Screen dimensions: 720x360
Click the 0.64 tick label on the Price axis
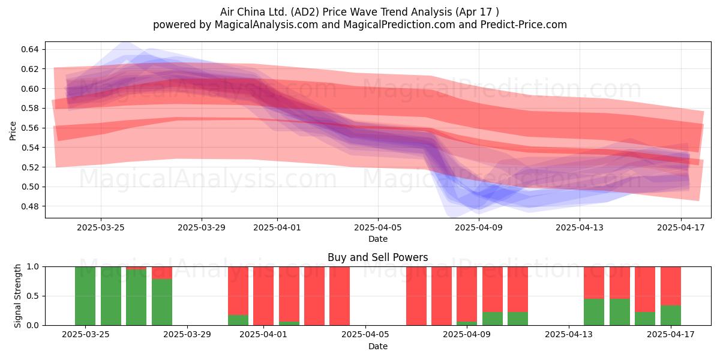[29, 49]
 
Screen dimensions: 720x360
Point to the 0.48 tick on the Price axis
[29, 206]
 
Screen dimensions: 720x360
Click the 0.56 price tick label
[29, 128]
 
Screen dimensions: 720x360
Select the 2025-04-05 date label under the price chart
[378, 227]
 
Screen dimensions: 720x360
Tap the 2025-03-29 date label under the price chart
[202, 227]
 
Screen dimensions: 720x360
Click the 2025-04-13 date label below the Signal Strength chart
[569, 335]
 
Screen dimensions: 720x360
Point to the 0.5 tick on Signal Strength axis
[34, 296]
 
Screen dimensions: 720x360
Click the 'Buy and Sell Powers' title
[377, 257]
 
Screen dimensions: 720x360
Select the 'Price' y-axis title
[13, 131]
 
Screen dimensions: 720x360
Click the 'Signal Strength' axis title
[17, 296]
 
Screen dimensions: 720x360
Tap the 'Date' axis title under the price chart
[378, 239]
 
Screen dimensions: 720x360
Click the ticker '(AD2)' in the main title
[305, 12]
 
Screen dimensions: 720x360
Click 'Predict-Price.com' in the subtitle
[524, 25]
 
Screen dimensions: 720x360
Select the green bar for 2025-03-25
[85, 296]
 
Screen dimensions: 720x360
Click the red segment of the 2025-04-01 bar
[263, 296]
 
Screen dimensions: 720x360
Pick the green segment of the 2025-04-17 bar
[671, 316]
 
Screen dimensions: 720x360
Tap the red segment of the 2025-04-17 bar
[671, 286]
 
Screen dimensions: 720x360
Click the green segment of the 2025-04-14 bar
[594, 312]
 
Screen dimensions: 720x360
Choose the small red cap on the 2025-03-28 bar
[162, 273]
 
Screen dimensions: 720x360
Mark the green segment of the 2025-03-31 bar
[238, 320]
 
